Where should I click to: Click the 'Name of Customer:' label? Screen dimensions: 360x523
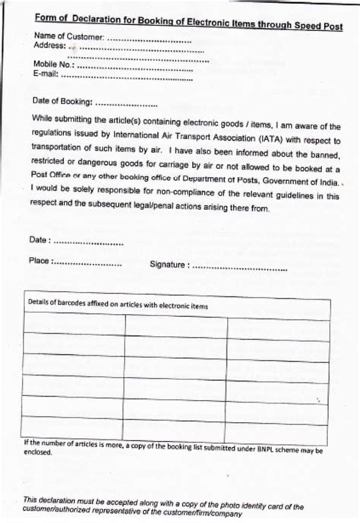69,36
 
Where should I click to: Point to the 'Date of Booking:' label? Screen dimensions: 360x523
63,100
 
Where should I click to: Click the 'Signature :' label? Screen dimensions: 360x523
169,265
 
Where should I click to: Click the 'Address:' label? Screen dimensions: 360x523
50,46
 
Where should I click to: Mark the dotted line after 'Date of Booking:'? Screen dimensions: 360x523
128,101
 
